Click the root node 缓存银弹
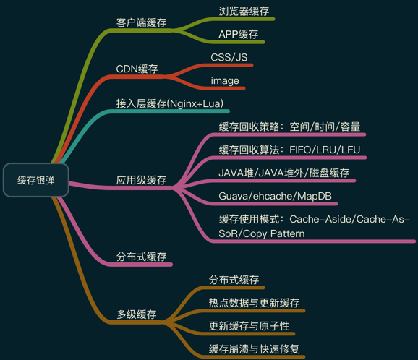pyautogui.click(x=36, y=180)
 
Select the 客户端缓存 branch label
pyautogui.click(x=141, y=22)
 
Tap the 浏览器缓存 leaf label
pyautogui.click(x=244, y=11)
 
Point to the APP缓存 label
pyautogui.click(x=239, y=34)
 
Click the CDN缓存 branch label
pyautogui.click(x=137, y=69)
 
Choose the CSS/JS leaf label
pyautogui.click(x=229, y=57)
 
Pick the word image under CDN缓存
pyautogui.click(x=225, y=81)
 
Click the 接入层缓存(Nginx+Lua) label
pyautogui.click(x=170, y=103)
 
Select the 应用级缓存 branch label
pyautogui.click(x=141, y=180)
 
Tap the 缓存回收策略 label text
pyautogui.click(x=249, y=127)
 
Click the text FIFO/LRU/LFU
pyautogui.click(x=325, y=150)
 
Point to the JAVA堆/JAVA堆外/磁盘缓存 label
pyautogui.click(x=284, y=173)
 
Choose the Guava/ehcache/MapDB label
pyautogui.click(x=275, y=196)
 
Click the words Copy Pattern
pyautogui.click(x=274, y=233)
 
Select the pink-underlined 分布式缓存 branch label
pyautogui.click(x=141, y=257)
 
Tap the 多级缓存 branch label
pyautogui.click(x=137, y=314)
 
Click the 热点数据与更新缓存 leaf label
pyautogui.click(x=254, y=303)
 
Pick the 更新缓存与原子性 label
pyautogui.click(x=249, y=326)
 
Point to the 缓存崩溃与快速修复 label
pyautogui.click(x=254, y=349)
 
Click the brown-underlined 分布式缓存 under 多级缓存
pyautogui.click(x=234, y=280)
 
